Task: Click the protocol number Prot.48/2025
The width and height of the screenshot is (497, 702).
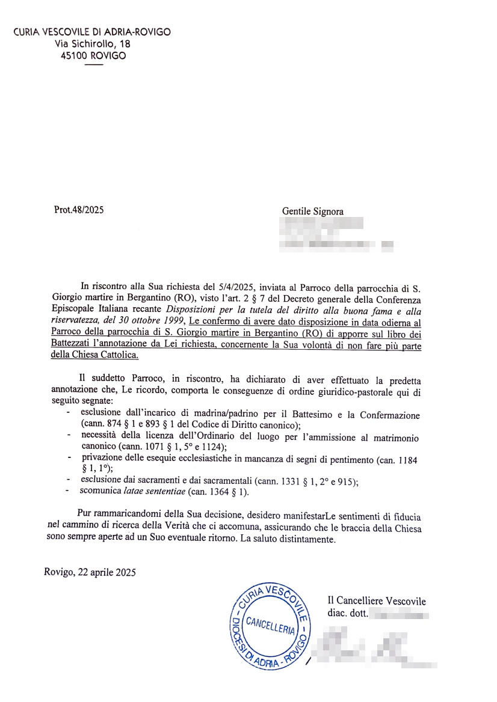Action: coord(78,211)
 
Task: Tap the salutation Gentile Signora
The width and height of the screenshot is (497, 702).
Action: coord(313,212)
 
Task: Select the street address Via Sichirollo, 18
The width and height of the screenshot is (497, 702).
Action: coord(93,44)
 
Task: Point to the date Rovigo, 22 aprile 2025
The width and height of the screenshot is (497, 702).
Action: coord(90,572)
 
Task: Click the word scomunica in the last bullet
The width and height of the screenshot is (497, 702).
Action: coord(100,492)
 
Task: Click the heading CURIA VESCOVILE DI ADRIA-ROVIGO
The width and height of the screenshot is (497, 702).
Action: coord(92,32)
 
